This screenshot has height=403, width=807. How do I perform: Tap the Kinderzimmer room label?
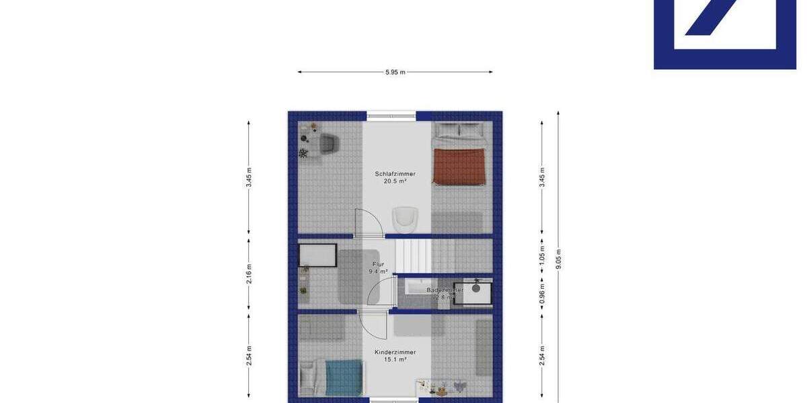click(x=395, y=355)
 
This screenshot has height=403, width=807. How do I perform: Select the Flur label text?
click(x=378, y=268)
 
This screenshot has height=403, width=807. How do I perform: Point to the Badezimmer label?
click(x=445, y=294)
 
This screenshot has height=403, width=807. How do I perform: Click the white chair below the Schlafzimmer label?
click(x=406, y=217)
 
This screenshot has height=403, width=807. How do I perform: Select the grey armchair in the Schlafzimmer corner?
click(x=328, y=142)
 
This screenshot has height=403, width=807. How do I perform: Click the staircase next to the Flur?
click(x=412, y=255)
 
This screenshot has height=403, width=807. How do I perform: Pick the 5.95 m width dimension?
click(x=395, y=72)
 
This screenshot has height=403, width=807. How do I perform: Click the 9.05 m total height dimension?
click(x=558, y=259)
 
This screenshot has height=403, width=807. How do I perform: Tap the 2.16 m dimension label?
click(x=249, y=274)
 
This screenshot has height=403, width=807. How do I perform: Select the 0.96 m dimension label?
click(x=542, y=294)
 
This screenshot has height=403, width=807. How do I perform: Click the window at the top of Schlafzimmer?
click(x=391, y=116)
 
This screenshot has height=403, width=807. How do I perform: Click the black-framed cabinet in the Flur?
click(x=317, y=255)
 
